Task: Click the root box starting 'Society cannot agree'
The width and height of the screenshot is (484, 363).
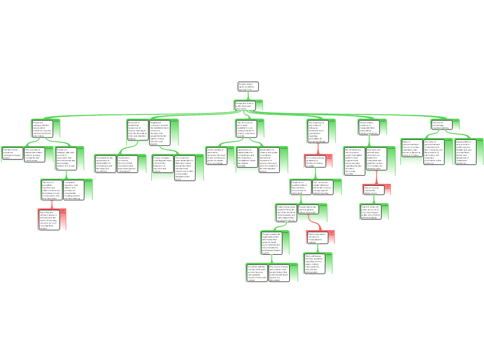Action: pyautogui.click(x=248, y=86)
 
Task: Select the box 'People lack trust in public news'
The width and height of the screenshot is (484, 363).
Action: pyautogui.click(x=245, y=105)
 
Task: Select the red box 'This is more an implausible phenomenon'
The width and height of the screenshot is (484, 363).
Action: pyautogui.click(x=373, y=190)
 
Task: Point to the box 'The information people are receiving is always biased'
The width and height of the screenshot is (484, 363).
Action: pyautogui.click(x=12, y=154)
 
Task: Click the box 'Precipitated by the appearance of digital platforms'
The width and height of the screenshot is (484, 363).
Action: pyautogui.click(x=104, y=164)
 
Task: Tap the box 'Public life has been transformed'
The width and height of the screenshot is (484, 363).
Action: pyautogui.click(x=286, y=213)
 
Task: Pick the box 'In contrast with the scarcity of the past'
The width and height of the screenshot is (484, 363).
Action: pyautogui.click(x=257, y=273)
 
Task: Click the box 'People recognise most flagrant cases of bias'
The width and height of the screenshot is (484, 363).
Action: pyautogui.click(x=162, y=164)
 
